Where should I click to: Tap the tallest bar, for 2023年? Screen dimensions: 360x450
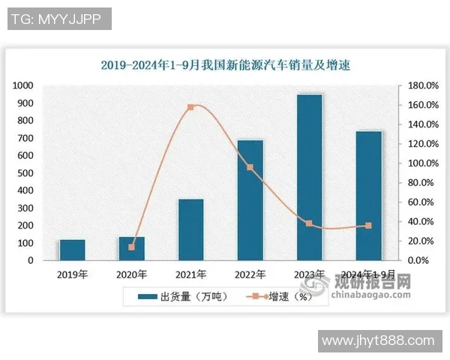point(309,177)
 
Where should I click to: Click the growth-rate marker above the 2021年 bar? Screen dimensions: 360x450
point(190,107)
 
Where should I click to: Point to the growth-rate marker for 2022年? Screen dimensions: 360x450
point(250,167)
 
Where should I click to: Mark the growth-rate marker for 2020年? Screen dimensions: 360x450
point(132,247)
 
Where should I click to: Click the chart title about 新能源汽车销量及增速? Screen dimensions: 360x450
point(226,65)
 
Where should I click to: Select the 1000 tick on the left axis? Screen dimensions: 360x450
point(23,85)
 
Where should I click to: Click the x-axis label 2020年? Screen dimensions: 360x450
point(132,274)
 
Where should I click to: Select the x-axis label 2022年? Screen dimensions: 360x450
point(250,274)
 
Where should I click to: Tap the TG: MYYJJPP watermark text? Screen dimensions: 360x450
point(59,19)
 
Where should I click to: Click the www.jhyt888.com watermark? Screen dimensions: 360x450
point(378,341)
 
